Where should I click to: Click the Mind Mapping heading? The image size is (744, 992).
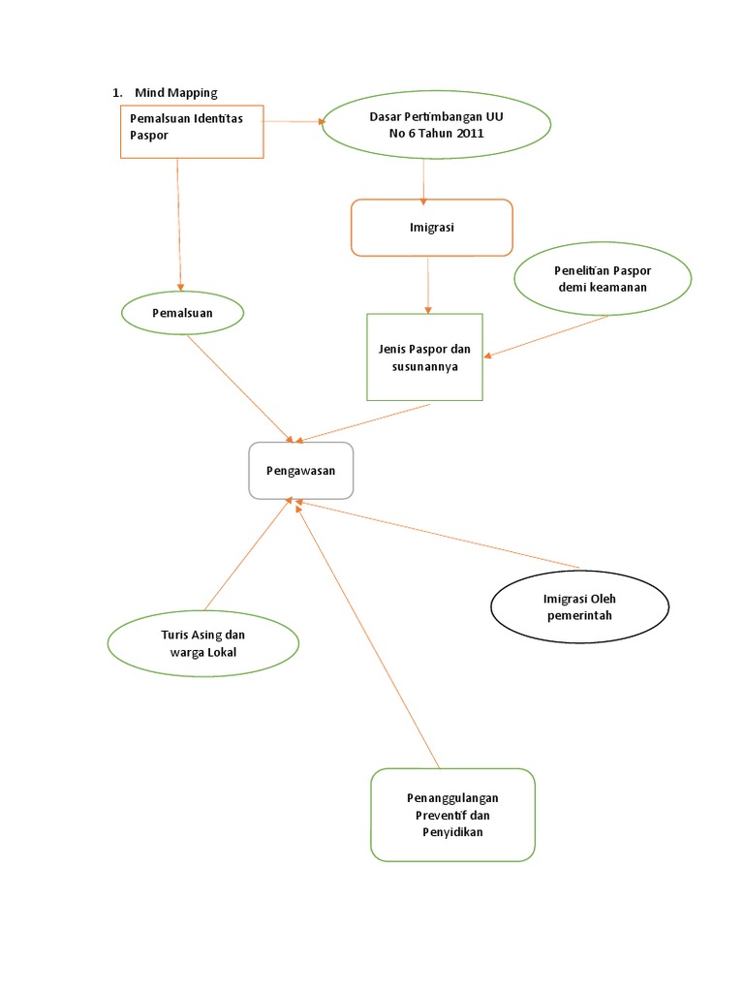pyautogui.click(x=175, y=92)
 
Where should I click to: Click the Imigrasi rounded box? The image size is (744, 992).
pyautogui.click(x=431, y=228)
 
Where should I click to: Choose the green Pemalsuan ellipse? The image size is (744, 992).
pyautogui.click(x=182, y=313)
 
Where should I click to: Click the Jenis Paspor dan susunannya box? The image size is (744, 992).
pyautogui.click(x=424, y=356)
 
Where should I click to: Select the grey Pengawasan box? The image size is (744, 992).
pyautogui.click(x=301, y=471)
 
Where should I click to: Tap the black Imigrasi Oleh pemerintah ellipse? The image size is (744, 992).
pyautogui.click(x=579, y=607)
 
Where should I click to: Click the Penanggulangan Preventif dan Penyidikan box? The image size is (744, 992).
pyautogui.click(x=452, y=815)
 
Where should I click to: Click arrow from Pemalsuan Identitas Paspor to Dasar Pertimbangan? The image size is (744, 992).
pyautogui.click(x=292, y=122)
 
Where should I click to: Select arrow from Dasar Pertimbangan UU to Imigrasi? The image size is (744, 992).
pyautogui.click(x=423, y=179)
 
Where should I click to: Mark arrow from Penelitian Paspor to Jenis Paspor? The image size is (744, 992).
pyautogui.click(x=547, y=336)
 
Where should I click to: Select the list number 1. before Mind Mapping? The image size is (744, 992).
pyautogui.click(x=117, y=92)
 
